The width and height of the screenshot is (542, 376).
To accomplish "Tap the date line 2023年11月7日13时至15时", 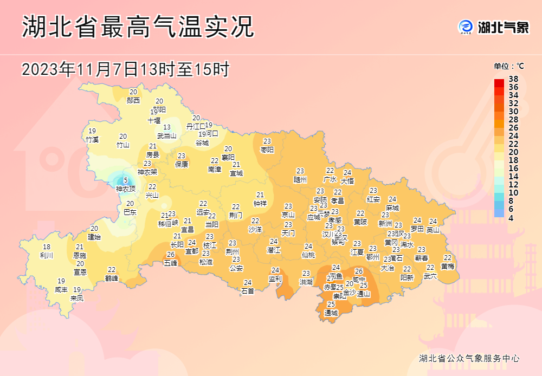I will [126, 69].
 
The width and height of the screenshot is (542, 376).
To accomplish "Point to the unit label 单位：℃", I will [508, 66].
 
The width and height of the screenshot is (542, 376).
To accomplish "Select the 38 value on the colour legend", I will [513, 79].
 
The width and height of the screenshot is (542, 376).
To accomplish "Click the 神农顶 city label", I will [126, 189].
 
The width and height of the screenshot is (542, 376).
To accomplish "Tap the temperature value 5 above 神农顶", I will [126, 181].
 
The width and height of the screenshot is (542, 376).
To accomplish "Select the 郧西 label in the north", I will [133, 100].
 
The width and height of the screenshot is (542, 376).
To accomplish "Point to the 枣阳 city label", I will [267, 149].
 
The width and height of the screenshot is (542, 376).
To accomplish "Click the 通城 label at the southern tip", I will [331, 313].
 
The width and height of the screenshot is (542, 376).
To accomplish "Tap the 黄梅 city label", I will [448, 266].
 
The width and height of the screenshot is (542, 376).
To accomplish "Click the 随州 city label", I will [300, 179].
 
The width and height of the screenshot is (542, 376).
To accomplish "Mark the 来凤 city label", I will [77, 297].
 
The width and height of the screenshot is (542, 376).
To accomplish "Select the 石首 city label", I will [248, 290].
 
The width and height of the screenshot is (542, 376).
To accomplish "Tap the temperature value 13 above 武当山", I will [167, 127].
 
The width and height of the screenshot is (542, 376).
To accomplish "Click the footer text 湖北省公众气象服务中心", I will [469, 358].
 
